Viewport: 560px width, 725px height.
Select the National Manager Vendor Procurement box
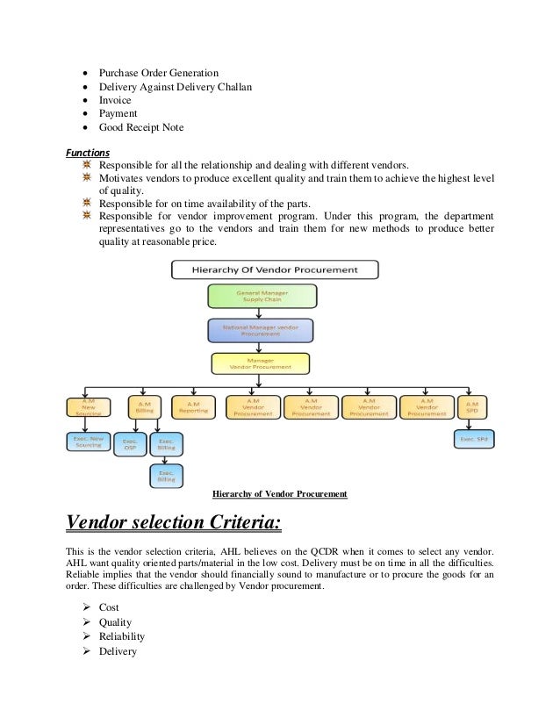(260, 330)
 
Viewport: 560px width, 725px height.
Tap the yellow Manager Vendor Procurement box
(260, 363)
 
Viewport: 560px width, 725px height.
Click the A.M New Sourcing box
(88, 406)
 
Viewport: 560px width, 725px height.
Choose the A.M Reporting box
(193, 406)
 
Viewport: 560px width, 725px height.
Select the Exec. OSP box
(130, 444)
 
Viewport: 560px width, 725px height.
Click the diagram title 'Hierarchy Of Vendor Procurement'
(275, 269)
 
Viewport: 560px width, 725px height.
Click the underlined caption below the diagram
(280, 494)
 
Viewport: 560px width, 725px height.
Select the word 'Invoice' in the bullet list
(115, 100)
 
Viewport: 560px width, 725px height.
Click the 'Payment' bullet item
(118, 113)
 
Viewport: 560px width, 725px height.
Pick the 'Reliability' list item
(122, 636)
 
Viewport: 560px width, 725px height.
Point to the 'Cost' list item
(109, 607)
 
